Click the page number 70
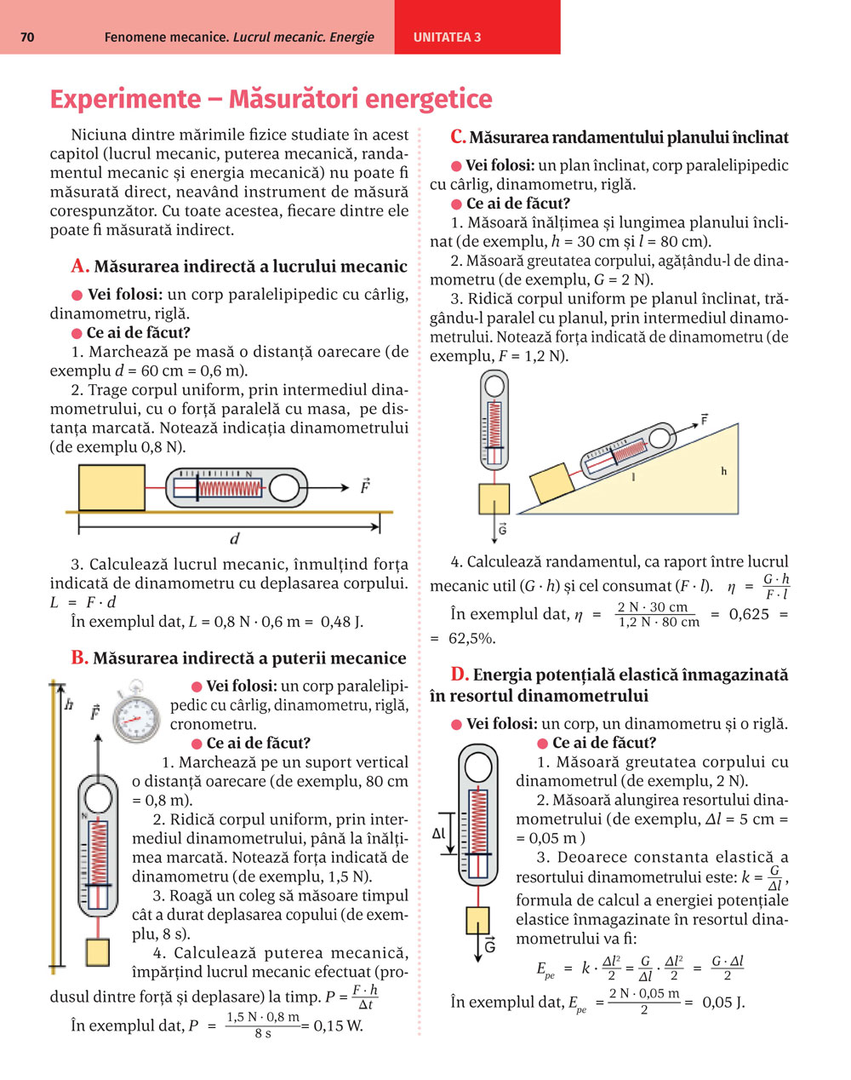[x=26, y=37]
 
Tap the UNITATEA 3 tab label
[x=447, y=37]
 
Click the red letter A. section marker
[x=80, y=267]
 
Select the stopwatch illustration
[x=136, y=712]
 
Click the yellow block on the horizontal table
[x=111, y=487]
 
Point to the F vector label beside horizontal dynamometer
[x=364, y=486]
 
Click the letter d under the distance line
[x=235, y=538]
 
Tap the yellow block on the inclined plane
[x=549, y=482]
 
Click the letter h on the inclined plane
[x=724, y=471]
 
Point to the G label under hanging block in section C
[x=502, y=530]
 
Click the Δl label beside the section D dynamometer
[x=439, y=834]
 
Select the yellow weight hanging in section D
[x=477, y=920]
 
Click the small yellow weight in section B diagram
[x=98, y=951]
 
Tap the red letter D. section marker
[x=460, y=675]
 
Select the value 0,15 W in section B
[x=338, y=1025]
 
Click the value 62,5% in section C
[x=472, y=638]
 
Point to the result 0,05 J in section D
[x=723, y=1002]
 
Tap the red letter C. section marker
[x=458, y=137]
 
